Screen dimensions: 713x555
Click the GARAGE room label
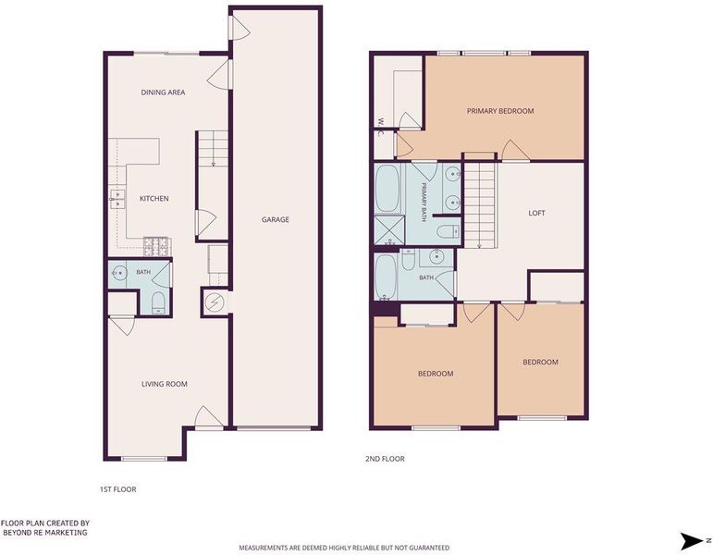tap(275, 220)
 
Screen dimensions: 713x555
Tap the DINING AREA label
tap(163, 92)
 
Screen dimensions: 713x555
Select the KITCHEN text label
tap(154, 198)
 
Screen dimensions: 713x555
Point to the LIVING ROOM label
tap(165, 384)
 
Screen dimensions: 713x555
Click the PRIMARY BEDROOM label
tap(500, 111)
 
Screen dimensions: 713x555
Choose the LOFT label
tap(536, 213)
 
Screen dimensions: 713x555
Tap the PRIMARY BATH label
tap(424, 202)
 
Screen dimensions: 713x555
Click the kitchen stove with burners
tap(156, 247)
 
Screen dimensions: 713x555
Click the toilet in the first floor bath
tap(158, 302)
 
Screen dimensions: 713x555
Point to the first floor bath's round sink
tap(119, 274)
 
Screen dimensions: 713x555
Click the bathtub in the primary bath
tap(387, 189)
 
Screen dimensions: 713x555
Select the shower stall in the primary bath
tap(388, 230)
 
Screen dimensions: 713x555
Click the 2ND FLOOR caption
tap(385, 459)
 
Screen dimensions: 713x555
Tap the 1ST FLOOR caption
tap(117, 489)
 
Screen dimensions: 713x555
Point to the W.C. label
tap(381, 127)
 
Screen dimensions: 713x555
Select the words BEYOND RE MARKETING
tap(44, 532)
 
